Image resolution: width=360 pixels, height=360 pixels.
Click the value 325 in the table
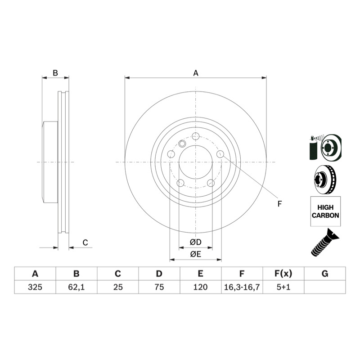(35, 287)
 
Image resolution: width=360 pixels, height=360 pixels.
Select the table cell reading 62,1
(76, 287)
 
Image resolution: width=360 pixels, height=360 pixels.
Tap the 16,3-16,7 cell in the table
(242, 287)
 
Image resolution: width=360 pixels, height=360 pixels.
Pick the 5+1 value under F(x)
(283, 287)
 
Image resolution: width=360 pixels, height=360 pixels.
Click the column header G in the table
(325, 274)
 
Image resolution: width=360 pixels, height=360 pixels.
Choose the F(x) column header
(283, 274)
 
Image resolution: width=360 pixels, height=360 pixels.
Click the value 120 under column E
(200, 287)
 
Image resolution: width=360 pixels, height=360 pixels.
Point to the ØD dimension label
(196, 242)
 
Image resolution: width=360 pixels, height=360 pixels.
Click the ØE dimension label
(196, 254)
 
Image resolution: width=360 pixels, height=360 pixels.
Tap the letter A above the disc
(196, 73)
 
